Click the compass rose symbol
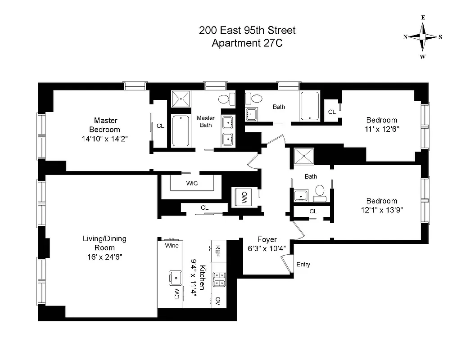423,37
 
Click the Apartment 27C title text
247,43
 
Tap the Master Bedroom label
106,125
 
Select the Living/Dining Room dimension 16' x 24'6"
104,256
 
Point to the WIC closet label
192,183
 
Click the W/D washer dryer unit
244,198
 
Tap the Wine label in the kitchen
172,246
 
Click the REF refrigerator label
218,250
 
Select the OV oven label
218,300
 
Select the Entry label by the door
303,265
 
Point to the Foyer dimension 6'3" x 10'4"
267,248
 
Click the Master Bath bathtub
181,130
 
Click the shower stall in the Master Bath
181,98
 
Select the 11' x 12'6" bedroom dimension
382,128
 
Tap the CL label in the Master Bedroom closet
160,126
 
